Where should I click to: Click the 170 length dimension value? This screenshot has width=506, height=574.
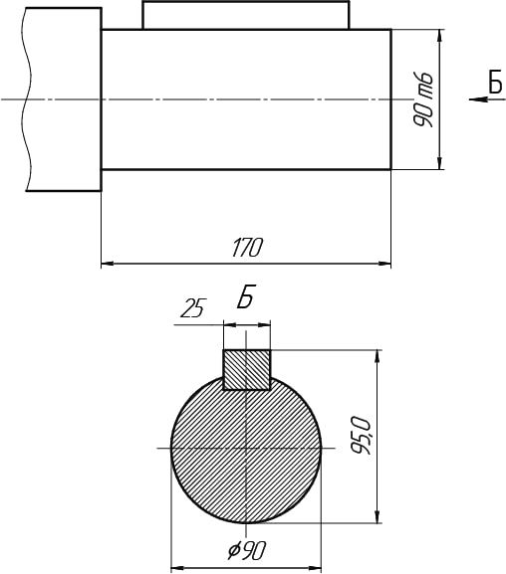(x=247, y=248)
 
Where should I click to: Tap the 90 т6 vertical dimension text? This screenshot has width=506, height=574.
(x=423, y=99)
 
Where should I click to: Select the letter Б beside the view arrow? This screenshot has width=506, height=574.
(x=495, y=82)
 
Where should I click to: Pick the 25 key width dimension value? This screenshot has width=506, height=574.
(x=193, y=308)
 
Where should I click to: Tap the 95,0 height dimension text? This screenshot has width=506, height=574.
(x=362, y=436)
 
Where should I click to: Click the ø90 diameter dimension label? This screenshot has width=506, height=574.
(x=246, y=550)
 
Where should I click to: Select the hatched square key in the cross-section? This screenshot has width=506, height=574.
(x=247, y=370)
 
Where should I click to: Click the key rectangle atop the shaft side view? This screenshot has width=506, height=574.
(x=246, y=15)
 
